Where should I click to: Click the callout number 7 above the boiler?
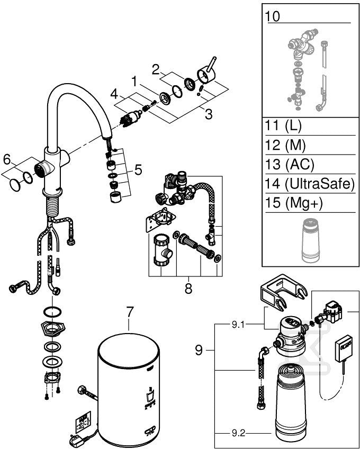coord(130,312)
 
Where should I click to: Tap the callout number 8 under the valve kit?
coord(188,289)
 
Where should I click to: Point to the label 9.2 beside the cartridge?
coord(238,434)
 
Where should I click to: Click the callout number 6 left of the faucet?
coord(6,160)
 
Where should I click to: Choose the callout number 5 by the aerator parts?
coord(138,170)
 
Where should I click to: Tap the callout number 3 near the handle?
coord(209,114)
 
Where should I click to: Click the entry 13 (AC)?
coord(289,164)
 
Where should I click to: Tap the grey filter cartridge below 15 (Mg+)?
coord(311,240)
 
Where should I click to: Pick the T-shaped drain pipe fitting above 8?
coord(163,249)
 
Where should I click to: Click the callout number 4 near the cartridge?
coord(114,94)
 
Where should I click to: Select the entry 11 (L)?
coord(283,126)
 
